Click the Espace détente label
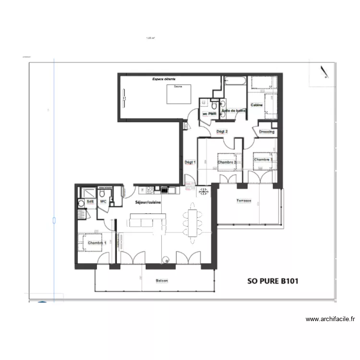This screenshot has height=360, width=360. (164, 79)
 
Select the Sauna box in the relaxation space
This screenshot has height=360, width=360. (180, 94)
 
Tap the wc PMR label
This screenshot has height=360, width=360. (209, 114)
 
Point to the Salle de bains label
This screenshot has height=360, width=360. (234, 110)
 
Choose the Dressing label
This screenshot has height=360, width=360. (266, 132)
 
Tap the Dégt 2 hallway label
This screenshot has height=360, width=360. (222, 131)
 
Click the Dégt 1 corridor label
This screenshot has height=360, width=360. (191, 162)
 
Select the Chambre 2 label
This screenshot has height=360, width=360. (227, 162)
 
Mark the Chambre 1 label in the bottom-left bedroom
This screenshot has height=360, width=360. (96, 243)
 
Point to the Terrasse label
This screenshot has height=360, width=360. (243, 201)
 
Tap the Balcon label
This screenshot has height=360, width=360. (162, 281)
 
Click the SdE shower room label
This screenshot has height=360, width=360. (90, 202)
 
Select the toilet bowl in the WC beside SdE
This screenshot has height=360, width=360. (102, 193)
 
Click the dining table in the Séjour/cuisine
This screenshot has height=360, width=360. (193, 222)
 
